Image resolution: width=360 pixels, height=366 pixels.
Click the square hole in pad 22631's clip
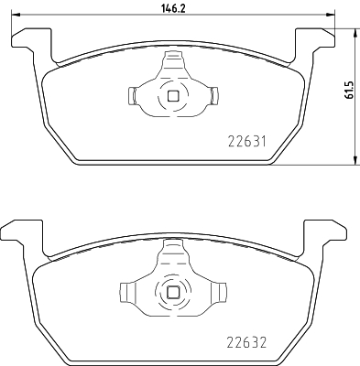pyautogui.click(x=172, y=94)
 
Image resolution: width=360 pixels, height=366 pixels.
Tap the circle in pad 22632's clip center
pyautogui.click(x=172, y=292)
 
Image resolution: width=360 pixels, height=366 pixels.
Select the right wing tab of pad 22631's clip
pyautogui.click(x=213, y=94)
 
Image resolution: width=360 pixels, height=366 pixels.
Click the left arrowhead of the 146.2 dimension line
pyautogui.click(x=12, y=16)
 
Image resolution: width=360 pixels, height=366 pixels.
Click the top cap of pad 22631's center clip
pyautogui.click(x=172, y=59)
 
